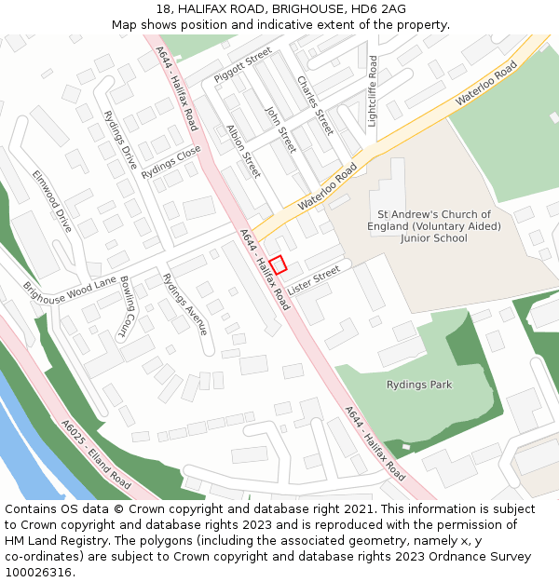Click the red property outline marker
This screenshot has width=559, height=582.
(x=278, y=264)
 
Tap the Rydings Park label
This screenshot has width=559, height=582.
(x=419, y=385)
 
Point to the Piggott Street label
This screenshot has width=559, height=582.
(x=243, y=64)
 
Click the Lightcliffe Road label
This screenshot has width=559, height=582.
(x=373, y=90)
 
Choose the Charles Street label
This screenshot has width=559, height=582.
(x=315, y=105)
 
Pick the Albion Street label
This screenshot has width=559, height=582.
(x=244, y=152)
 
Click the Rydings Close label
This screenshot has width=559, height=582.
(x=171, y=162)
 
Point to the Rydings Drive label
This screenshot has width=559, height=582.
(x=120, y=140)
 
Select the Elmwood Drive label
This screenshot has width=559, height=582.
(x=52, y=200)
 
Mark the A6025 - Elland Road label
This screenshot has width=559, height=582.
(x=96, y=454)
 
